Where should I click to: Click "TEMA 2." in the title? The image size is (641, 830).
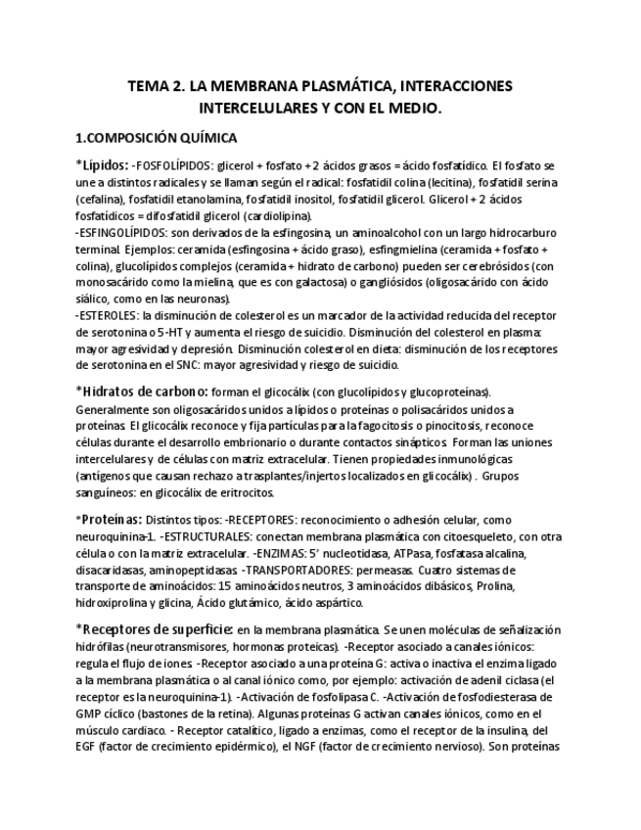click(157, 86)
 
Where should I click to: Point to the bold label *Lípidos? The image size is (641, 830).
click(102, 164)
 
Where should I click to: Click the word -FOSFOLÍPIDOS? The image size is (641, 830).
click(173, 165)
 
